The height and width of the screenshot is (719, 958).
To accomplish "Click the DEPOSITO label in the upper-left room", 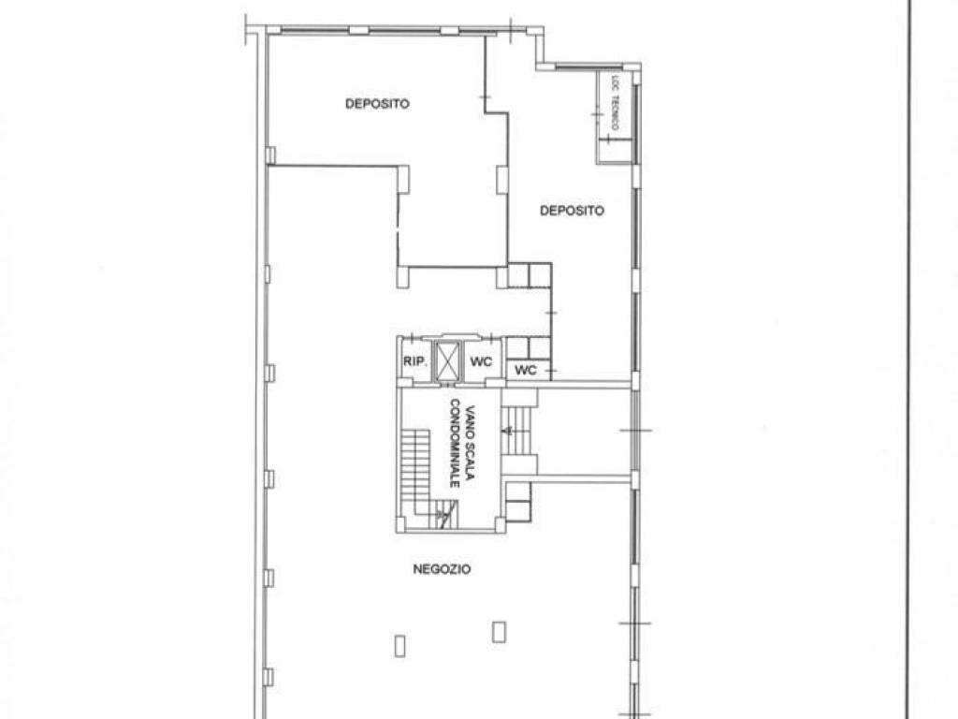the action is click(x=377, y=104).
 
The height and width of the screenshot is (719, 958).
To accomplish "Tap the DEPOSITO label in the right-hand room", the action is click(x=572, y=211).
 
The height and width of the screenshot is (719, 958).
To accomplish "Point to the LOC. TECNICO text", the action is click(x=616, y=102).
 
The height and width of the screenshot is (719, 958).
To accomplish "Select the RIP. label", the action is click(x=414, y=362).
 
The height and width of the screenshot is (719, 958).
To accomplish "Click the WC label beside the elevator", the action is click(x=481, y=362).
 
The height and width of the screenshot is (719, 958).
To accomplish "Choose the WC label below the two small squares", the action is click(x=526, y=370).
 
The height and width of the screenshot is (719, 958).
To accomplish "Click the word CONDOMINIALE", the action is click(x=455, y=443).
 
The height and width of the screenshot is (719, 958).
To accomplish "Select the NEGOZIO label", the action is click(x=442, y=569).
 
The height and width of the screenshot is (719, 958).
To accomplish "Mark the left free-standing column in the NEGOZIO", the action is click(x=400, y=646).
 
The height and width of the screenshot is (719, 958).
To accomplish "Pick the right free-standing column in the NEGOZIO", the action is click(x=500, y=632).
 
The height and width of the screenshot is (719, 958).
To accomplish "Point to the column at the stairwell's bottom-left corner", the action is click(x=400, y=524).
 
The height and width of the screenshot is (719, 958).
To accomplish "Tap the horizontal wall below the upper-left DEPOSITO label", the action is click(x=336, y=166).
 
